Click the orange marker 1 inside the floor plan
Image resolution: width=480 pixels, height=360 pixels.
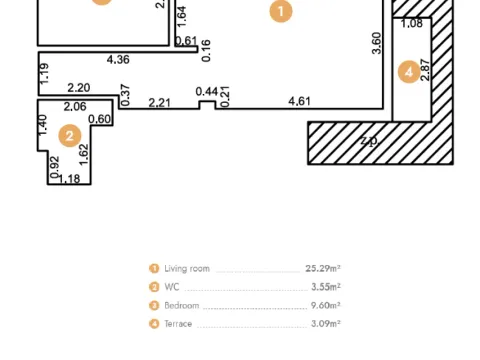tap(282, 13)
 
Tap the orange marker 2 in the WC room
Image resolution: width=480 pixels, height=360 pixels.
tap(69, 135)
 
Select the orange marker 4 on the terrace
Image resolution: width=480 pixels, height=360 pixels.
tap(407, 72)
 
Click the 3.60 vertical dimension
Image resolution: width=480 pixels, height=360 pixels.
tap(377, 44)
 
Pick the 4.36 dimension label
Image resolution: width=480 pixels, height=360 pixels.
tap(120, 60)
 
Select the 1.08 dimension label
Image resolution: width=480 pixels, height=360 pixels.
tap(411, 23)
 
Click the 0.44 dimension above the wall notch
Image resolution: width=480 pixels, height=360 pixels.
tap(206, 91)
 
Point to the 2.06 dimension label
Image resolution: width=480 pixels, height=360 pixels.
tap(75, 106)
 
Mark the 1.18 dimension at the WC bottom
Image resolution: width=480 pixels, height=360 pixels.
tap(69, 179)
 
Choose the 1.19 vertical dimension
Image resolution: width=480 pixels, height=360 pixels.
tap(44, 74)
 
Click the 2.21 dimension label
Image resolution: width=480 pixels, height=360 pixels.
tap(160, 102)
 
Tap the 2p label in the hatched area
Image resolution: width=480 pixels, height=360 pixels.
tap(369, 142)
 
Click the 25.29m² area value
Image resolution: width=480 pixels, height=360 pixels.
tap(323, 269)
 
